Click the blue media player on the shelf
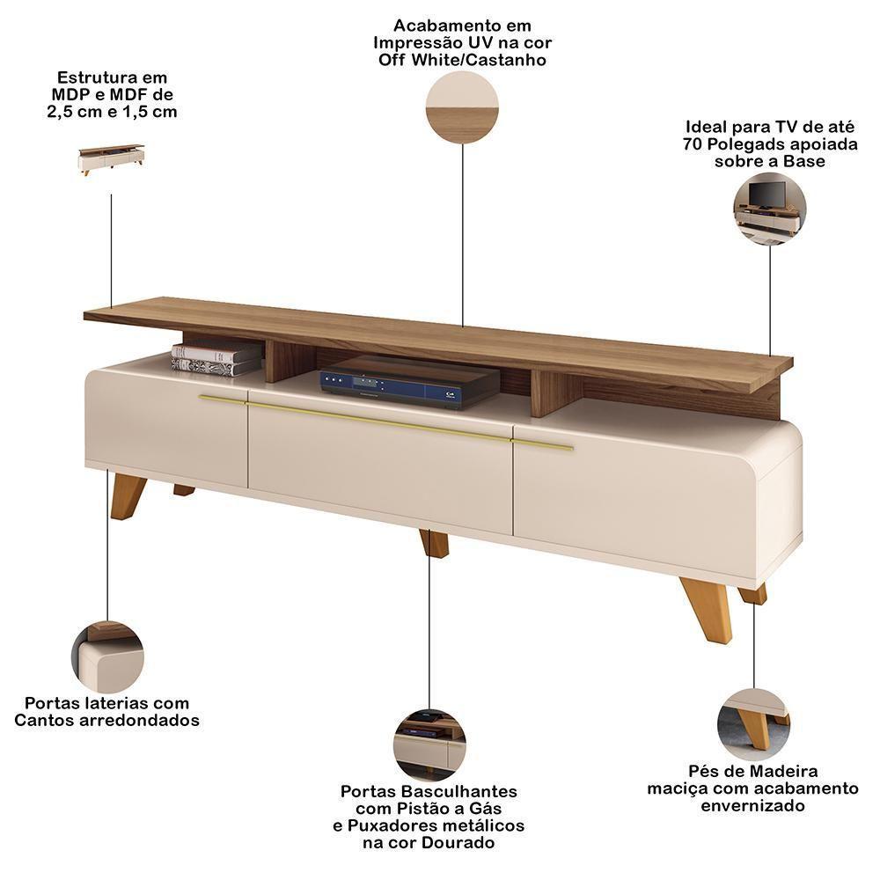click(x=410, y=384)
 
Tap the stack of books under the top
click(x=216, y=359)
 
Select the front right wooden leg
click(x=708, y=611)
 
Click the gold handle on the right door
click(x=543, y=445)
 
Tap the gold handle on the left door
click(x=223, y=400)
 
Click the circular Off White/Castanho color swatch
click(x=462, y=107)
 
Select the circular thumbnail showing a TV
click(x=770, y=209)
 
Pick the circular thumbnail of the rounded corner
click(x=107, y=656)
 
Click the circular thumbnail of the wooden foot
click(x=754, y=724)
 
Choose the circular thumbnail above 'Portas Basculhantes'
click(x=429, y=745)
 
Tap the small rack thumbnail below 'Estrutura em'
click(x=111, y=160)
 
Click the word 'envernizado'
click(x=752, y=806)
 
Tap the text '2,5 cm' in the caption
click(x=73, y=112)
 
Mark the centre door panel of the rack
click(x=380, y=468)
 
